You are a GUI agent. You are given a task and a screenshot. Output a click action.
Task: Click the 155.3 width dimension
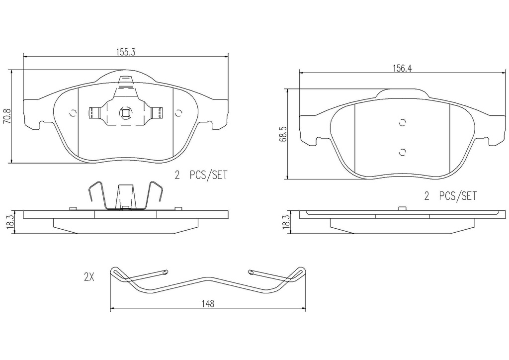[x=125, y=52]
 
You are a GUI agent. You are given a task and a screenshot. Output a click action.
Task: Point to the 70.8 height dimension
[x=7, y=116]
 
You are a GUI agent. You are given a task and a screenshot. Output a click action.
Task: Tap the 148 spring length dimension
[x=208, y=304]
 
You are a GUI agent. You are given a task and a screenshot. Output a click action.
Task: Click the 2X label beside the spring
[x=89, y=277]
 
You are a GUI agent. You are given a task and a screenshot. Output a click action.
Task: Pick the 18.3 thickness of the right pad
[x=285, y=222]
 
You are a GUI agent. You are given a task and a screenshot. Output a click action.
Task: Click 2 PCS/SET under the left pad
[x=201, y=176]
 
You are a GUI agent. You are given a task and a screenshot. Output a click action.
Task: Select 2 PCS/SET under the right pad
[x=451, y=196]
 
